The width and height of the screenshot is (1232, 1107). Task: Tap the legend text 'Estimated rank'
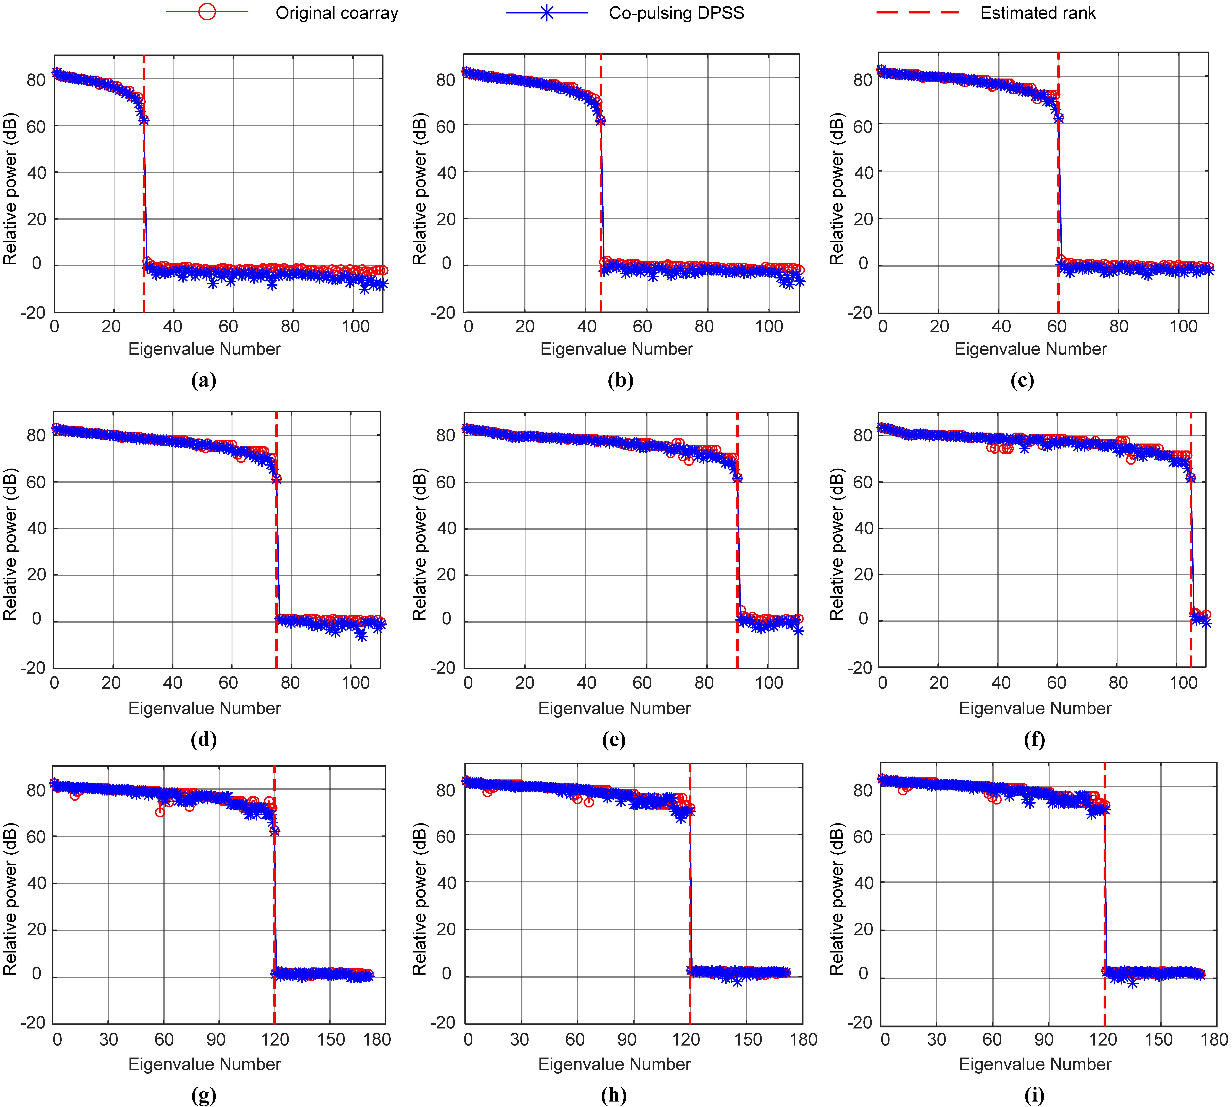pyautogui.click(x=1038, y=13)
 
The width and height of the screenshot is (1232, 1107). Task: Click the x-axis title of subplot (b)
pyautogui.click(x=616, y=349)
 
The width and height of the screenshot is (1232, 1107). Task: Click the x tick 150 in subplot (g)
pyautogui.click(x=331, y=1039)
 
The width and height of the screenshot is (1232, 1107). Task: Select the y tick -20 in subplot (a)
pyautogui.click(x=33, y=313)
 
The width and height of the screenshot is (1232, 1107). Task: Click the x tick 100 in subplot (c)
pyautogui.click(x=1183, y=327)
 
